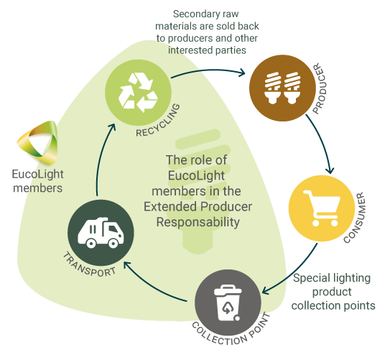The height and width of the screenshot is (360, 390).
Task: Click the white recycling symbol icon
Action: tap(138, 93)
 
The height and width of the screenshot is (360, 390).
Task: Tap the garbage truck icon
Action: tap(101, 233)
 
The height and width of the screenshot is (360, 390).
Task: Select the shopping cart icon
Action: tap(322, 208)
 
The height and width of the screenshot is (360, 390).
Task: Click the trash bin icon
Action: tap(228, 303)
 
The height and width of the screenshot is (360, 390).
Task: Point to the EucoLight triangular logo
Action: tap(38, 142)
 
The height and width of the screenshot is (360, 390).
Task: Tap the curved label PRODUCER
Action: tap(319, 88)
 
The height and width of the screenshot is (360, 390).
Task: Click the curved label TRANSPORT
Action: tap(88, 266)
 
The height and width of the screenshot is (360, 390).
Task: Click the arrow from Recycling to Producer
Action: tap(208, 70)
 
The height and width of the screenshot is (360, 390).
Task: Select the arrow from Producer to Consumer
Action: tap(322, 142)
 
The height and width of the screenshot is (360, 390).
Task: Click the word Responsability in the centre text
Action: tap(198, 223)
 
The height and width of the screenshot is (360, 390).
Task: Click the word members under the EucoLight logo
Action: tap(37, 188)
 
